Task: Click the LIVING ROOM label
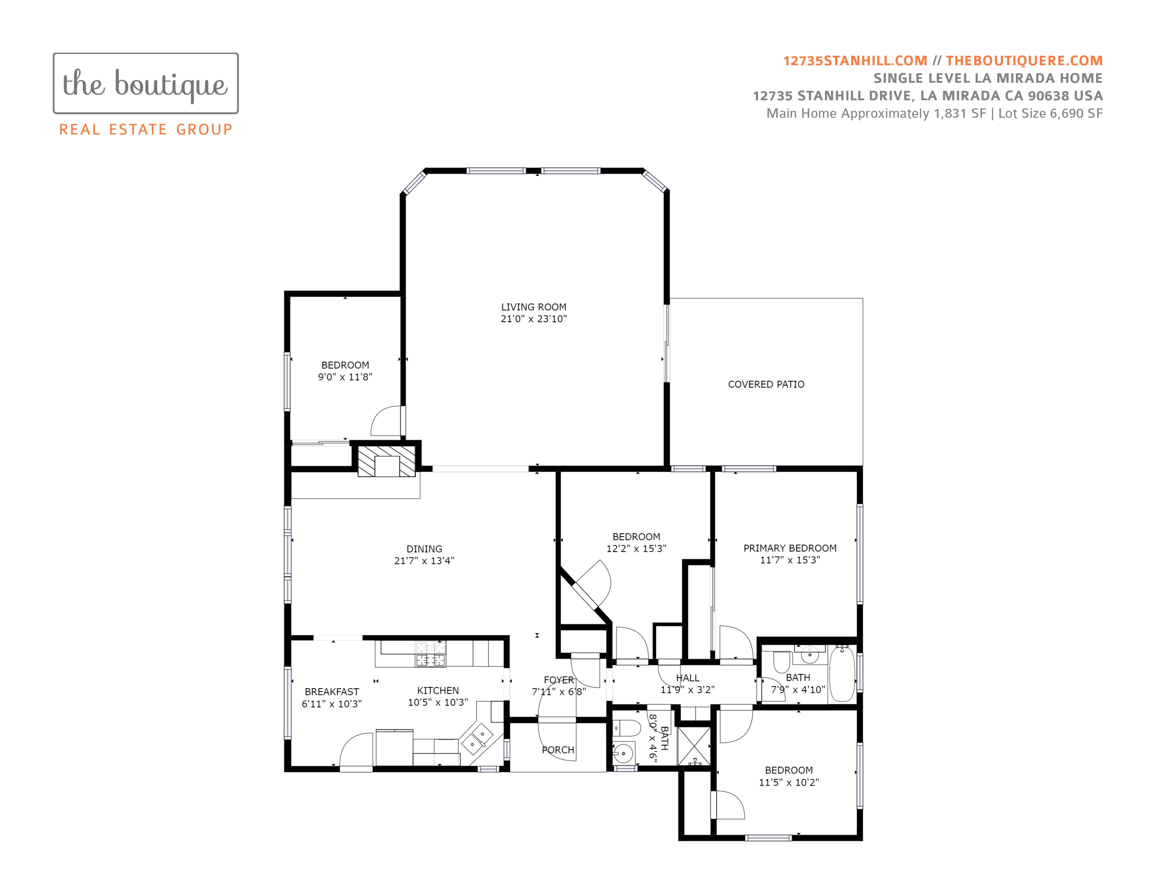tap(534, 307)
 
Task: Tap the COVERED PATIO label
tap(766, 385)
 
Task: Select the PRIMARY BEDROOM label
tap(790, 548)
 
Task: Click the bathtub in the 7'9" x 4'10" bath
tap(841, 674)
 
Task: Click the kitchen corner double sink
tap(477, 739)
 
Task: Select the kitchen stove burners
tap(430, 654)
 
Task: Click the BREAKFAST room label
tap(332, 692)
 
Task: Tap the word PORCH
tap(558, 750)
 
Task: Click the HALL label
tap(688, 678)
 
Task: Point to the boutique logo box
tap(146, 83)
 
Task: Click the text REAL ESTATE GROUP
tap(146, 129)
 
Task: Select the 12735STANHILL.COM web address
tap(855, 61)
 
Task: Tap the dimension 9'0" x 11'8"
tap(345, 377)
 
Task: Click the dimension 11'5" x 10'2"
tap(789, 782)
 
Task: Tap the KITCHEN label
tap(438, 691)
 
